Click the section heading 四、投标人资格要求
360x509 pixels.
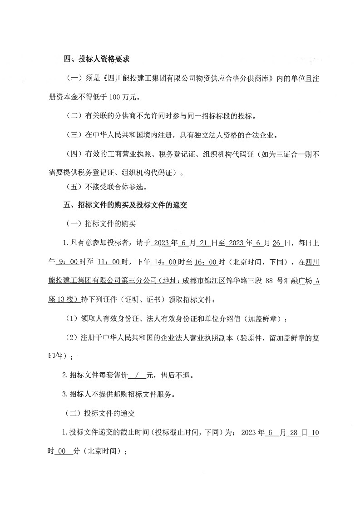(97, 59)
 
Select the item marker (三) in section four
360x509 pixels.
(74, 135)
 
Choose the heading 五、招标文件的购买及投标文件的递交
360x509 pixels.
(125, 205)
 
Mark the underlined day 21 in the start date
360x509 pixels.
(203, 242)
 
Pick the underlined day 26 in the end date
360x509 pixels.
(277, 242)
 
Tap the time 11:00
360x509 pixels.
(108, 262)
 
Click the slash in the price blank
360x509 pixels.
(136, 376)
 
